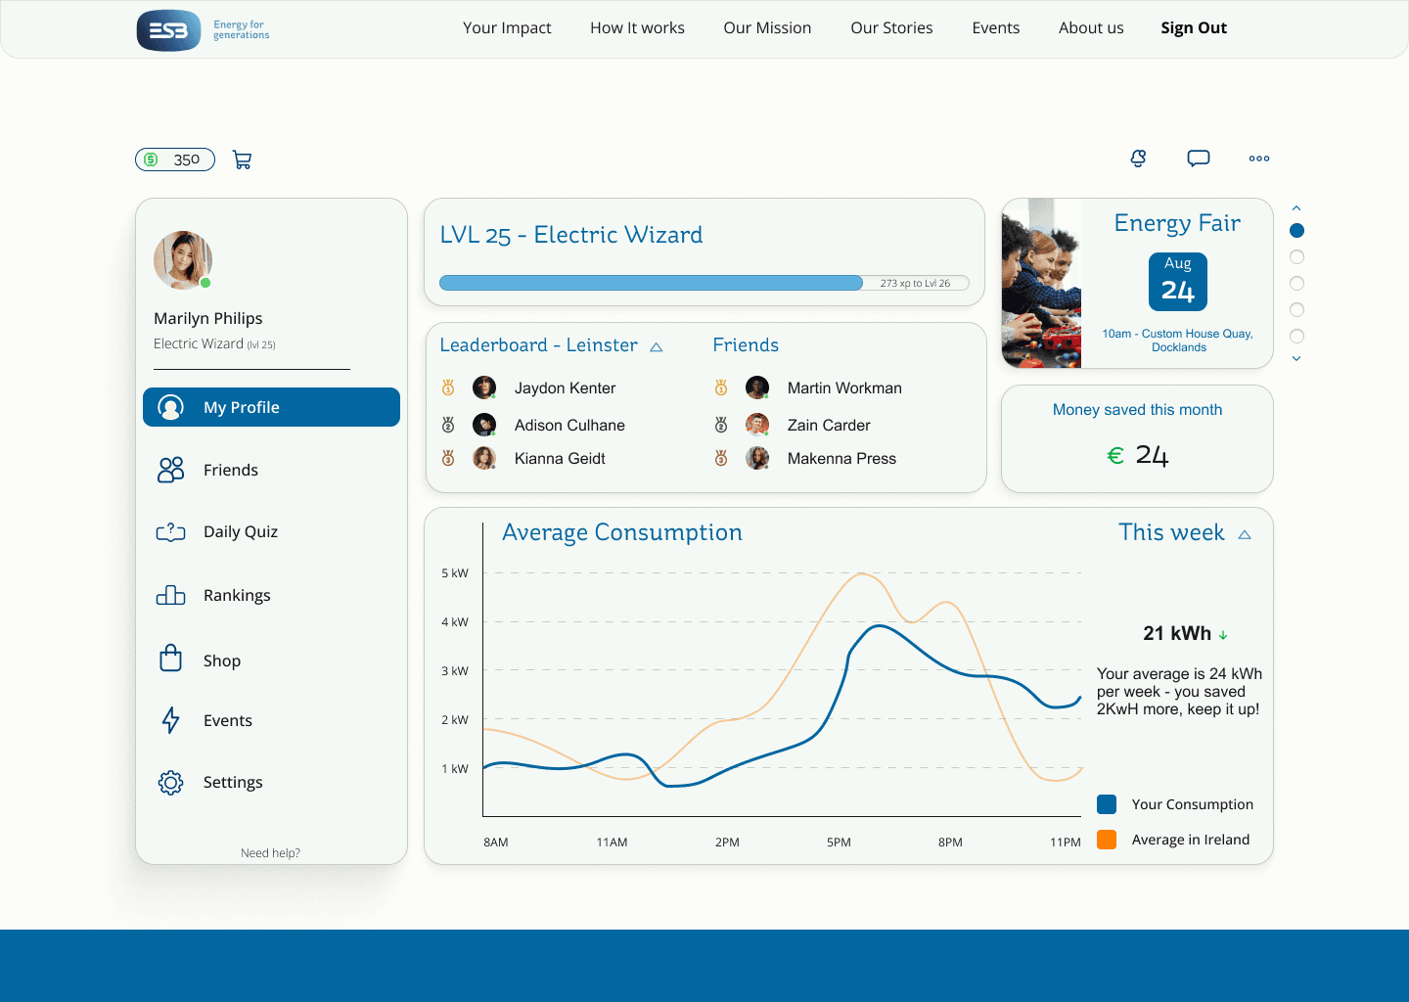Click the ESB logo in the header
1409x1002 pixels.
(168, 30)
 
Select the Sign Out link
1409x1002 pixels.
(1194, 27)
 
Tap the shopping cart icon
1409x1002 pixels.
(243, 159)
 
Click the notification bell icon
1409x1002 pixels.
(1138, 158)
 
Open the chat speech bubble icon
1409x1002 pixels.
(1199, 158)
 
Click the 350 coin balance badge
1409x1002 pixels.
(175, 159)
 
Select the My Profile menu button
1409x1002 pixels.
(271, 407)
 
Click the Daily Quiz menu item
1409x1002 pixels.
(241, 531)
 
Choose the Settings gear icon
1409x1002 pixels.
(170, 783)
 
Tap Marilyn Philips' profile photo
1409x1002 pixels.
(183, 259)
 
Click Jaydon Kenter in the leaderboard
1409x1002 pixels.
(565, 388)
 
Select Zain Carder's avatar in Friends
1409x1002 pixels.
(757, 425)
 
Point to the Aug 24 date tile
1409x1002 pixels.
(1177, 282)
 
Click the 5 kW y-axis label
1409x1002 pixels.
(455, 573)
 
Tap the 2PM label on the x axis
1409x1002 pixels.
(727, 843)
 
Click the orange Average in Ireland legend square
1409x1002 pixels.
(1107, 840)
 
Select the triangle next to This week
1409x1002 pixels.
(1245, 534)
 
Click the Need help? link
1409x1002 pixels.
(270, 853)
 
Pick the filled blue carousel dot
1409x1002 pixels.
(1296, 231)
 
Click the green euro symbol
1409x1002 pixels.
(1115, 455)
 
